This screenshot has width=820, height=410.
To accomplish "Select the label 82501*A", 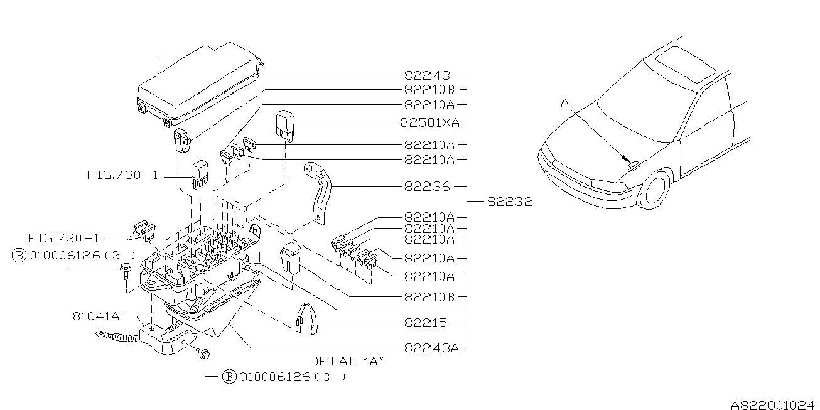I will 433,121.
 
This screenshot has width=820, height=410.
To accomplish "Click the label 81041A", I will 96,317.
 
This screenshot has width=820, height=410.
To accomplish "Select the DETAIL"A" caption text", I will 347,362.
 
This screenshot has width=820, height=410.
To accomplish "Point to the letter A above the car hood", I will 564,102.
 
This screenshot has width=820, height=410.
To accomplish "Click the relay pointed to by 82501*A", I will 286,124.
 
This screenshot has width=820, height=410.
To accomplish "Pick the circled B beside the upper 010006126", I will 19,256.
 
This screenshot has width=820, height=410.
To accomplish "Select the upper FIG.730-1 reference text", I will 122,176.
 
